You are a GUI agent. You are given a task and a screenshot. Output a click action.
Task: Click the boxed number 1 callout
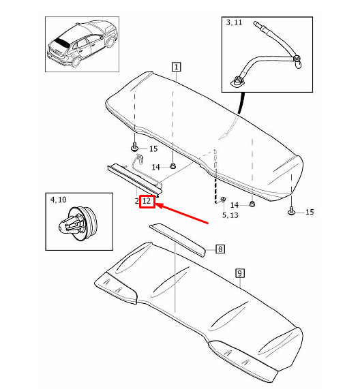pos(176,67)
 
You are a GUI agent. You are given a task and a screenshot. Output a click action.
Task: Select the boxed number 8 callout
pos(220,249)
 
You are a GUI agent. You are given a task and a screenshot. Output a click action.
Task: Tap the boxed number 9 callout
pos(239,274)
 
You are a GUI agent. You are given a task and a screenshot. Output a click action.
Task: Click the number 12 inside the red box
pos(146,202)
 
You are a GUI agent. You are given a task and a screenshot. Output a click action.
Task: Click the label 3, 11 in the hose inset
pos(234,23)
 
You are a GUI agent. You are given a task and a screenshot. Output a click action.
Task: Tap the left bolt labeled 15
pos(134,148)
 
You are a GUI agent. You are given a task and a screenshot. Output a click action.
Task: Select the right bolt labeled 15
pos(292,212)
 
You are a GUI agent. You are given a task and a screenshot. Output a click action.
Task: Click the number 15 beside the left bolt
pos(153,149)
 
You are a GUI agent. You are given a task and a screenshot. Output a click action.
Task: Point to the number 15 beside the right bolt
pos(309,213)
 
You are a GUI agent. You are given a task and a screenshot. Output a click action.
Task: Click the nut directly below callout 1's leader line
pos(173,166)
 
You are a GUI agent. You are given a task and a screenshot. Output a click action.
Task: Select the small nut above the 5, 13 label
pos(223,200)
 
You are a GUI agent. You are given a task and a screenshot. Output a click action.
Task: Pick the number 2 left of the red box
pos(136,202)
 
